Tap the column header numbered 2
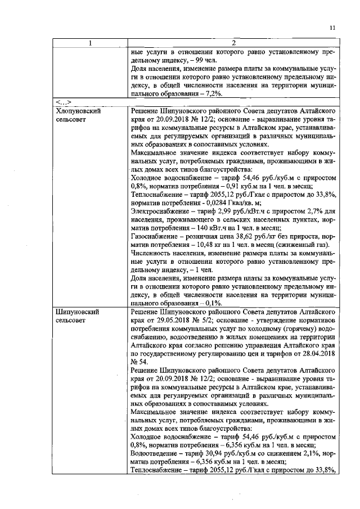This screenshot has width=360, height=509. tap(233, 43)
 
